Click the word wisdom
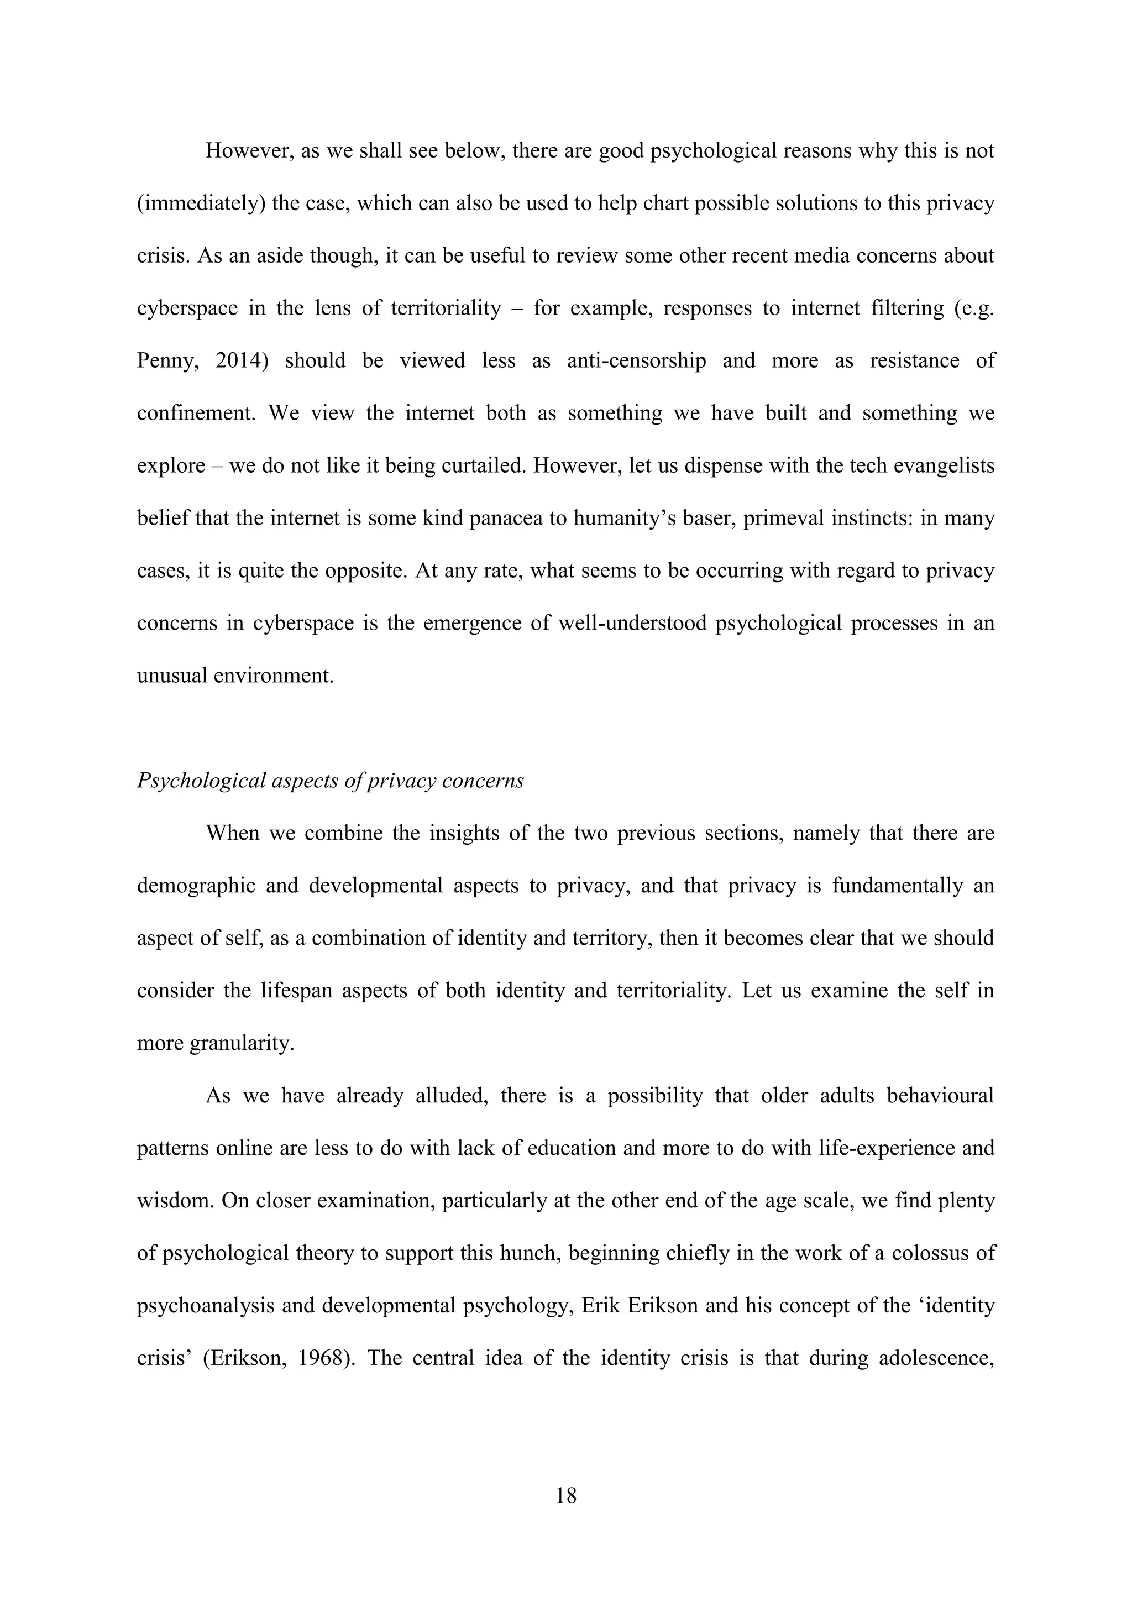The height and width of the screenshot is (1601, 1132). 175,1201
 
